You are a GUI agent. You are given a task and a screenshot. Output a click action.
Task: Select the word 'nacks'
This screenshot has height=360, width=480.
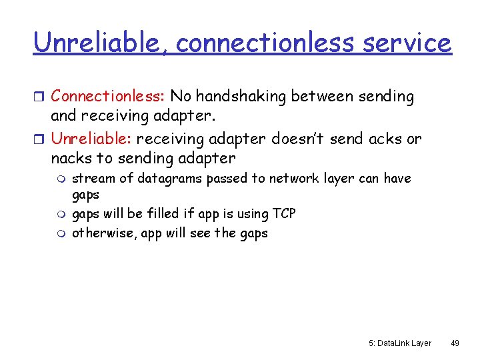71,158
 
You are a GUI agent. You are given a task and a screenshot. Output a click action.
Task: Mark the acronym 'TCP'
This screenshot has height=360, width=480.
284,214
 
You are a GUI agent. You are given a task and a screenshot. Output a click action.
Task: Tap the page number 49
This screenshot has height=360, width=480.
455,343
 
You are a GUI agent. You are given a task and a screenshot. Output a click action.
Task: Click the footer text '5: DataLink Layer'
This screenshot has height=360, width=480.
399,343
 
